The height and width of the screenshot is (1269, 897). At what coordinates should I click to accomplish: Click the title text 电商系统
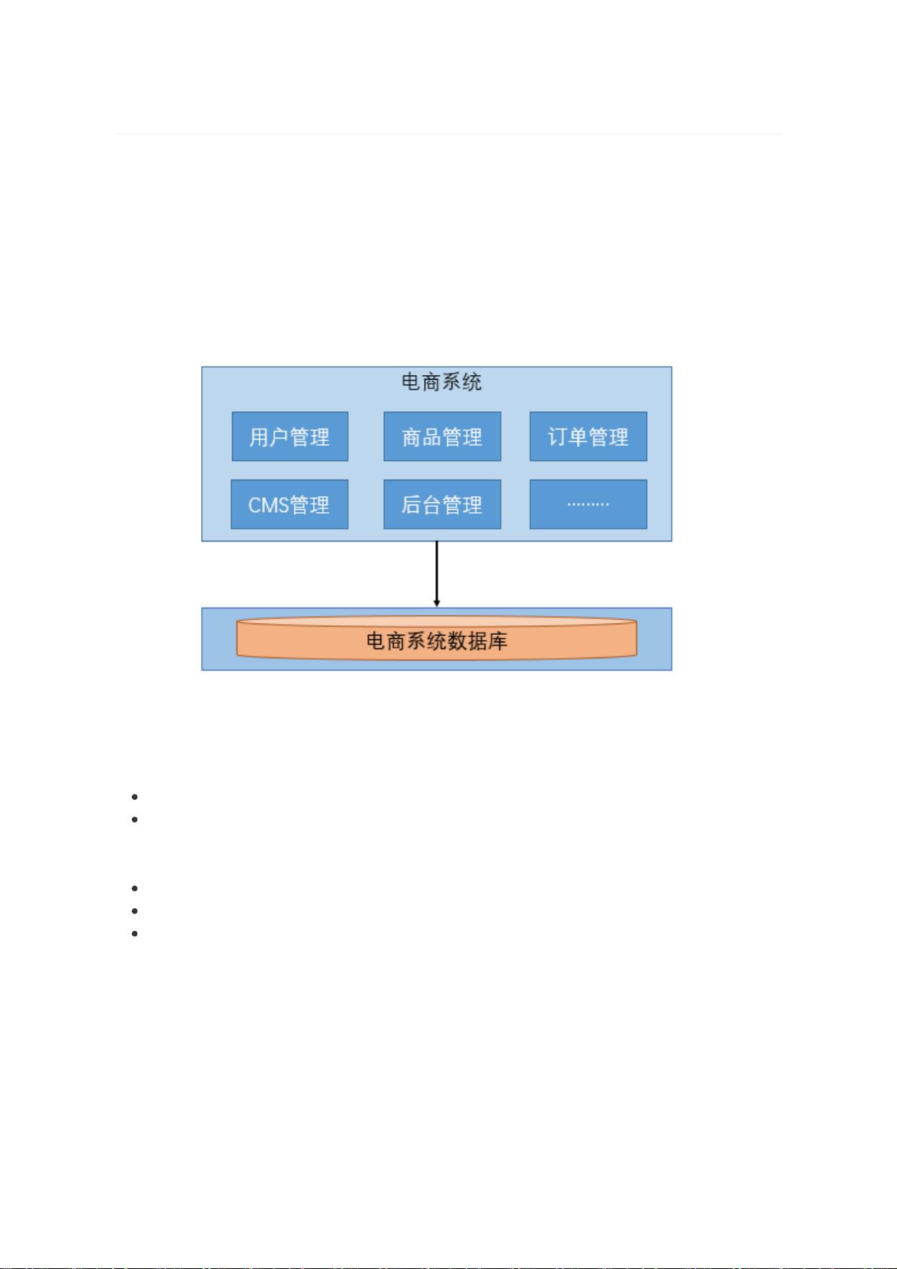pyautogui.click(x=441, y=382)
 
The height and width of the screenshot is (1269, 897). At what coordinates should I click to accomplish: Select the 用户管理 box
pyautogui.click(x=290, y=436)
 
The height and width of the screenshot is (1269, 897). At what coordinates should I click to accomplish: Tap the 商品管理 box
pyautogui.click(x=443, y=436)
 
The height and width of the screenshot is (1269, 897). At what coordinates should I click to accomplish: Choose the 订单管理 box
pyautogui.click(x=588, y=436)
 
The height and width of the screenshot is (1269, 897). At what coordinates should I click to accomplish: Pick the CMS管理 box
pyautogui.click(x=289, y=504)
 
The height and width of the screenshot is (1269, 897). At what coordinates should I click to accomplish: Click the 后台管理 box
pyautogui.click(x=443, y=504)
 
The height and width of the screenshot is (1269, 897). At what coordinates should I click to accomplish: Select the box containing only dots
pyautogui.click(x=588, y=504)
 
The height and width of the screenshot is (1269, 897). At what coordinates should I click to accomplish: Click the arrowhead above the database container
pyautogui.click(x=436, y=603)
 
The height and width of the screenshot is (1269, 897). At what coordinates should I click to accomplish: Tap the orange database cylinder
pyautogui.click(x=436, y=639)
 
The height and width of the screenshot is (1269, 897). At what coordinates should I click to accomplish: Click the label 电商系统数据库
pyautogui.click(x=437, y=642)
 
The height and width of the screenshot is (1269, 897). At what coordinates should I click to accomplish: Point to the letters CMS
pyautogui.click(x=269, y=505)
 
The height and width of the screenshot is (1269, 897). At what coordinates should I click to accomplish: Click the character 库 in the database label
pyautogui.click(x=498, y=642)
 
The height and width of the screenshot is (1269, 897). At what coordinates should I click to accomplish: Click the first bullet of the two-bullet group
pyautogui.click(x=134, y=797)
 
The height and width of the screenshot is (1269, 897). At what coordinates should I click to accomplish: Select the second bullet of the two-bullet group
pyautogui.click(x=134, y=819)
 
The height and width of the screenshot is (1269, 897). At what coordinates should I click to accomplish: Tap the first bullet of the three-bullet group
pyautogui.click(x=134, y=889)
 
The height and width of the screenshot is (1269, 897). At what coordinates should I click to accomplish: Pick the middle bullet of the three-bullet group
pyautogui.click(x=134, y=911)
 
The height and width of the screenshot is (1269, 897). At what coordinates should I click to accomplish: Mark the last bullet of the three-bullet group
pyautogui.click(x=134, y=934)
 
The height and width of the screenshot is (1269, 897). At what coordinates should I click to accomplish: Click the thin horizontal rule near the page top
pyautogui.click(x=448, y=134)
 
